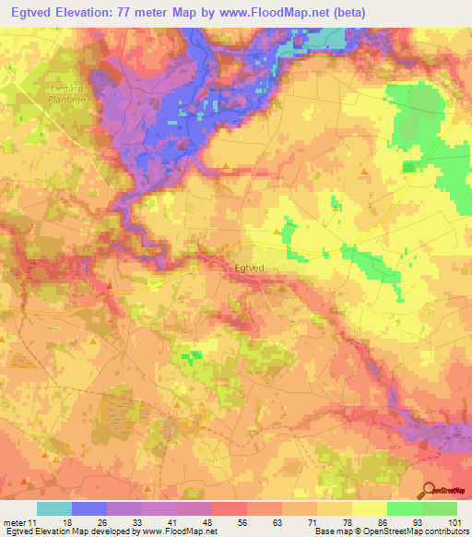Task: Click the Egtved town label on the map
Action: pyautogui.click(x=250, y=268)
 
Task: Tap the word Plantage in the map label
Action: pyautogui.click(x=67, y=100)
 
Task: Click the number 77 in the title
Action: pyautogui.click(x=151, y=13)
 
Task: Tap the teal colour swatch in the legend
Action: pyautogui.click(x=54, y=508)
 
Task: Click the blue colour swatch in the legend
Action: pyautogui.click(x=89, y=508)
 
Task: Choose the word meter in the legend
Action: pyautogui.click(x=15, y=522)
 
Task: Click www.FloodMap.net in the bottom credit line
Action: pyautogui.click(x=177, y=532)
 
